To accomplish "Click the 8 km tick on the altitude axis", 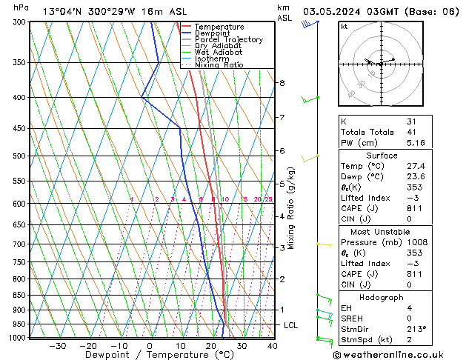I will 282,83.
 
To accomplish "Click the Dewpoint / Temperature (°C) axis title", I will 149,355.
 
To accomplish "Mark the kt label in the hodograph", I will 344,26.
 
